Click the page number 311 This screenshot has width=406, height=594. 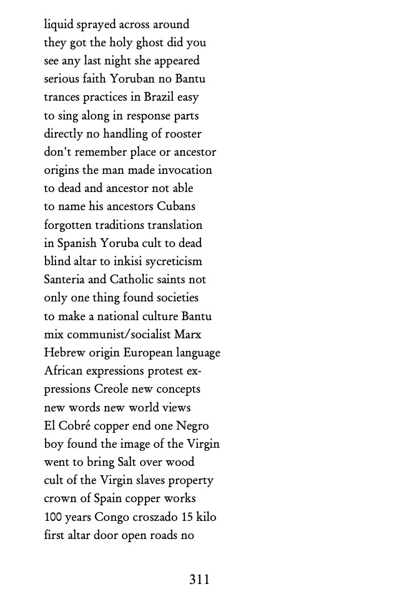199,580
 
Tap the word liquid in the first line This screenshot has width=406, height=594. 58,25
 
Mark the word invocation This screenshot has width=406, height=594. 185,170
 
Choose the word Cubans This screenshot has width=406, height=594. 176,206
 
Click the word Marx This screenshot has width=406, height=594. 188,335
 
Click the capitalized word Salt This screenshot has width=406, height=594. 130,462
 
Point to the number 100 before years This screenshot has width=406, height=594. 52,517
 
